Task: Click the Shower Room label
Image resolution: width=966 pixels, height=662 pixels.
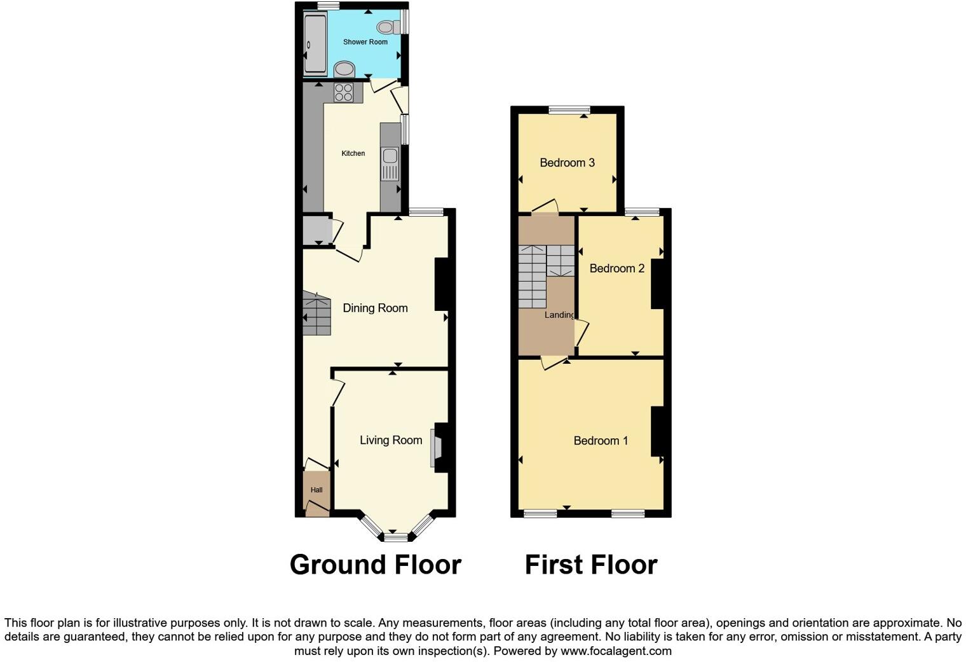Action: pyautogui.click(x=365, y=42)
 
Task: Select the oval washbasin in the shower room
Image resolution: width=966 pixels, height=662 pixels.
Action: pyautogui.click(x=344, y=68)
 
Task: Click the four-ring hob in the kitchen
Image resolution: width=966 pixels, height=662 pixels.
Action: pyautogui.click(x=344, y=93)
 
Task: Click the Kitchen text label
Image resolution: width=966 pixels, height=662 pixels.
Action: pyautogui.click(x=353, y=153)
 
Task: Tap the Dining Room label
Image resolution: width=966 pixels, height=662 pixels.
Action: pyautogui.click(x=375, y=308)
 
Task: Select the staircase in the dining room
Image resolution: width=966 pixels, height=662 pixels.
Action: pyautogui.click(x=317, y=314)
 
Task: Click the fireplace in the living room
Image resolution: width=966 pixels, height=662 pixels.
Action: pyautogui.click(x=436, y=448)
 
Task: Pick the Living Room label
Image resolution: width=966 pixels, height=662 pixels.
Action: pyautogui.click(x=391, y=440)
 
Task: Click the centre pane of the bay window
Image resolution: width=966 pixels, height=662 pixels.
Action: pyautogui.click(x=395, y=537)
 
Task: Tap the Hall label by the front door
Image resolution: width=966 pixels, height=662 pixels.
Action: pyautogui.click(x=316, y=490)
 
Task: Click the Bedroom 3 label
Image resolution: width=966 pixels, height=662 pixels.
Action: pyautogui.click(x=567, y=163)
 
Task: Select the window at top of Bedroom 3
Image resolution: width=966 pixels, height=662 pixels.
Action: pyautogui.click(x=568, y=110)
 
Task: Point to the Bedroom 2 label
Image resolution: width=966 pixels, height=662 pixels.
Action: pyautogui.click(x=616, y=268)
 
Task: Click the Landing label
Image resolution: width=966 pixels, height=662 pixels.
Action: pyautogui.click(x=559, y=315)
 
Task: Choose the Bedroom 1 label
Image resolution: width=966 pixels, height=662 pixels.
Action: pyautogui.click(x=601, y=441)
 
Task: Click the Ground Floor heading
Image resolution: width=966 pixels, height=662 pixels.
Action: pyautogui.click(x=375, y=565)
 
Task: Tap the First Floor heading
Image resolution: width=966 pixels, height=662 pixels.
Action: pyautogui.click(x=590, y=565)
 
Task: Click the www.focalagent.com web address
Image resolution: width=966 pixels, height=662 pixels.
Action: pyautogui.click(x=616, y=651)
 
